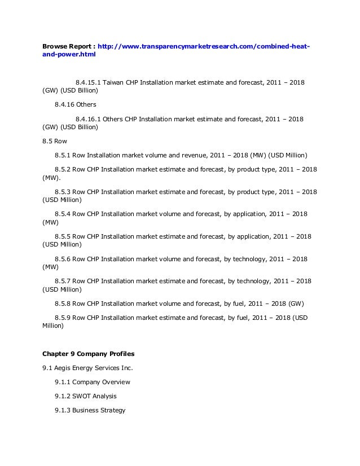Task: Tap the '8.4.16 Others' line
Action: coord(76,104)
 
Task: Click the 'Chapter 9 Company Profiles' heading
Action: coord(88,354)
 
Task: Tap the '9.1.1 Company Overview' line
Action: coord(93,383)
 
